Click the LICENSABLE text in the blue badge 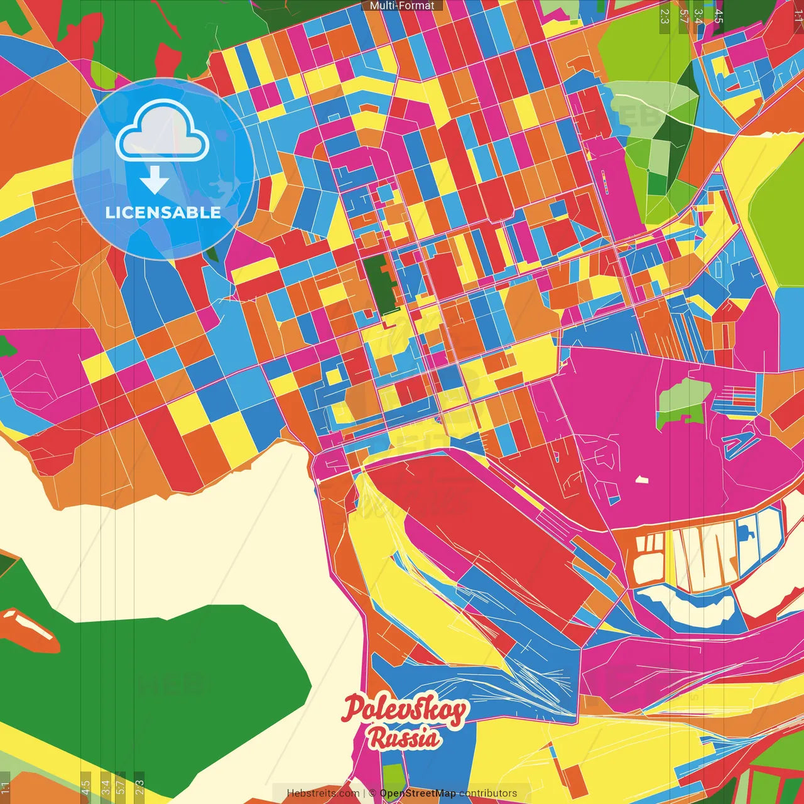click(x=163, y=212)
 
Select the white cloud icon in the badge click(x=163, y=131)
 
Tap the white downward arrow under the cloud click(x=155, y=182)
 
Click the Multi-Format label click(x=402, y=6)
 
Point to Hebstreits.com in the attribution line click(x=323, y=793)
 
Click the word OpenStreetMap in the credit click(x=417, y=793)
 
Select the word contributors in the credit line click(x=488, y=793)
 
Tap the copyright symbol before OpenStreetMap click(x=372, y=793)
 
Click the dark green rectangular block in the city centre click(x=379, y=283)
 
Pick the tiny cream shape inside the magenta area click(x=641, y=480)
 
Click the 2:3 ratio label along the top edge click(x=665, y=15)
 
